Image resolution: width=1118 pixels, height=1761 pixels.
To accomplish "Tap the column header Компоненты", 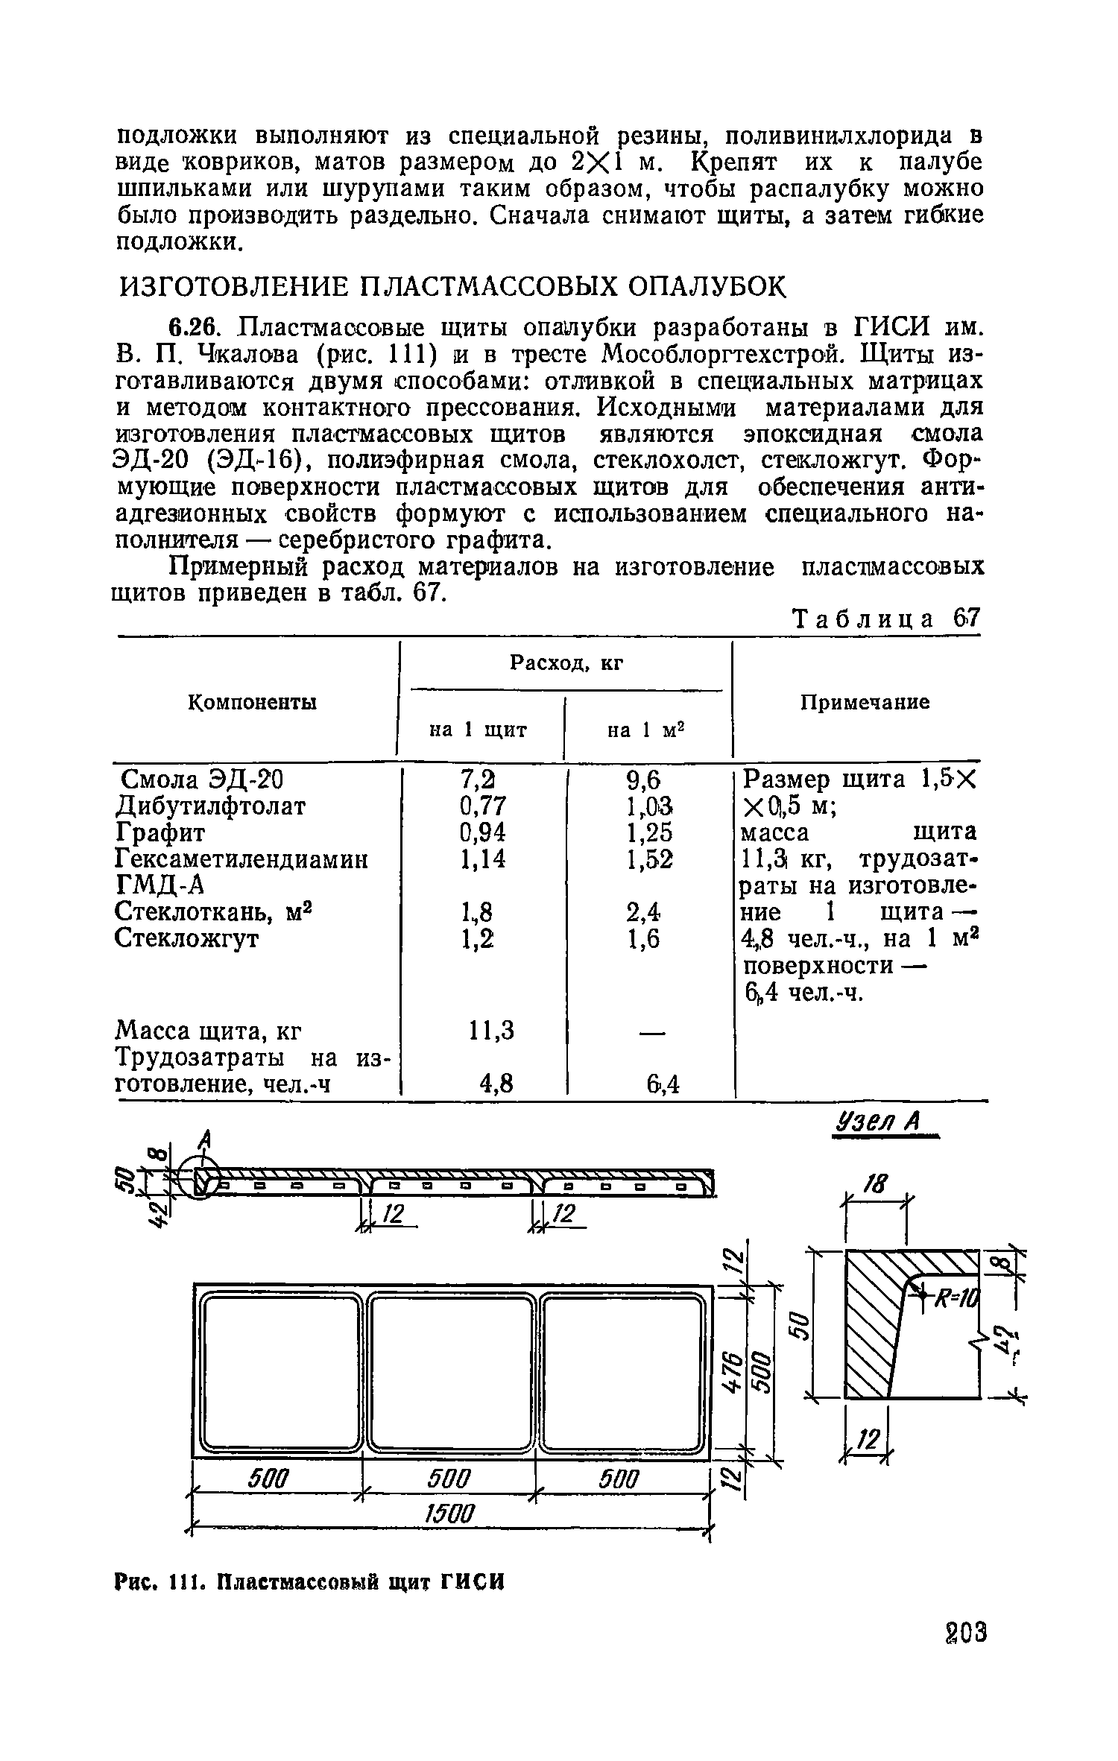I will pos(251,702).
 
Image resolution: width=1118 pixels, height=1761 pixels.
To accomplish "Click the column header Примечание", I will pos(865,702).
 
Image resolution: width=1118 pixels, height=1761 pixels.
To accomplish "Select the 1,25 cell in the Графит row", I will pos(643,832).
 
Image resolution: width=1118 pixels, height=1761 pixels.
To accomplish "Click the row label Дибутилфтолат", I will pos(211,806).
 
